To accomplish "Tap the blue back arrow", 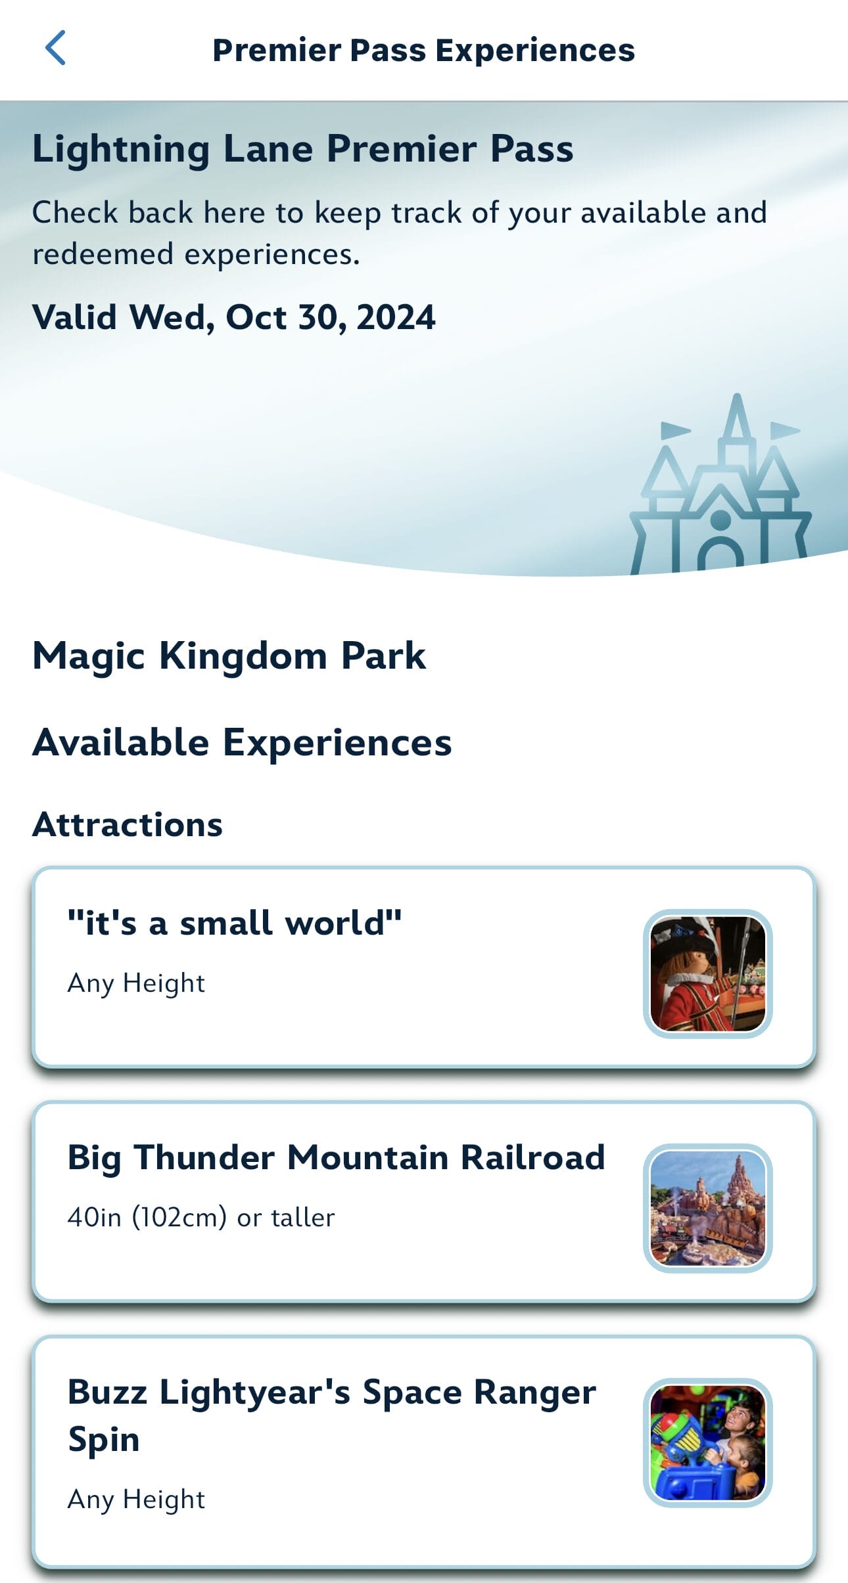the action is pyautogui.click(x=55, y=48).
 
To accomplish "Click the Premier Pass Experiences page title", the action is pyautogui.click(x=423, y=51).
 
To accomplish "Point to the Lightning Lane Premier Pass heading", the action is pyautogui.click(x=303, y=149).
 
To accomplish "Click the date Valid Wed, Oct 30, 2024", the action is pyautogui.click(x=234, y=318).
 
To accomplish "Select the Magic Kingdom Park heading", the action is pyautogui.click(x=229, y=656).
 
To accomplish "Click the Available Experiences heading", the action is pyautogui.click(x=242, y=743).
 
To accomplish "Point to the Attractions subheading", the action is pyautogui.click(x=128, y=824).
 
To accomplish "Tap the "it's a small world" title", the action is pyautogui.click(x=235, y=923).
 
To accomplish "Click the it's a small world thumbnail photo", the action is pyautogui.click(x=708, y=973).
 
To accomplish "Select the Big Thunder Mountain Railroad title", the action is pyautogui.click(x=336, y=1158).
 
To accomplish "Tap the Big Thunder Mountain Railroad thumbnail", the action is pyautogui.click(x=708, y=1208).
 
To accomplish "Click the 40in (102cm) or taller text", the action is pyautogui.click(x=201, y=1218).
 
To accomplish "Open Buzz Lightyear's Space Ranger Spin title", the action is pyautogui.click(x=332, y=1416).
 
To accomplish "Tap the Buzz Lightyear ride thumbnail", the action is pyautogui.click(x=708, y=1442).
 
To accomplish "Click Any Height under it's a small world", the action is pyautogui.click(x=136, y=983).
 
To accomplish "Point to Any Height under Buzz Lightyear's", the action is pyautogui.click(x=136, y=1500).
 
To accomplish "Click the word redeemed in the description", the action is pyautogui.click(x=103, y=254).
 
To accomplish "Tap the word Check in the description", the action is pyautogui.click(x=76, y=212).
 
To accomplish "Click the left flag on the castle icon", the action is pyautogui.click(x=674, y=430).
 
